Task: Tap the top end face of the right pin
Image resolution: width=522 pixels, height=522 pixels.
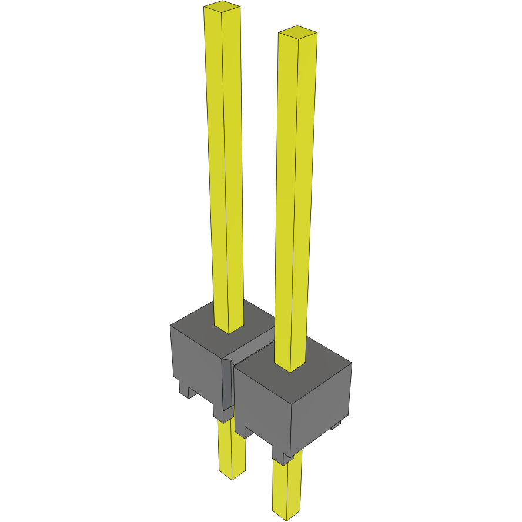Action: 297,32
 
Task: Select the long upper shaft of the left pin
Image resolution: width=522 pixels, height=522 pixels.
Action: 225,165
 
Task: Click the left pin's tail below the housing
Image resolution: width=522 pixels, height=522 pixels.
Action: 232,447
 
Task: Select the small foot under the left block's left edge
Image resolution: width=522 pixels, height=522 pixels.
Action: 186,391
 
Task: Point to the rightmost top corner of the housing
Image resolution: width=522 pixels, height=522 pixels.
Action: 352,363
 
